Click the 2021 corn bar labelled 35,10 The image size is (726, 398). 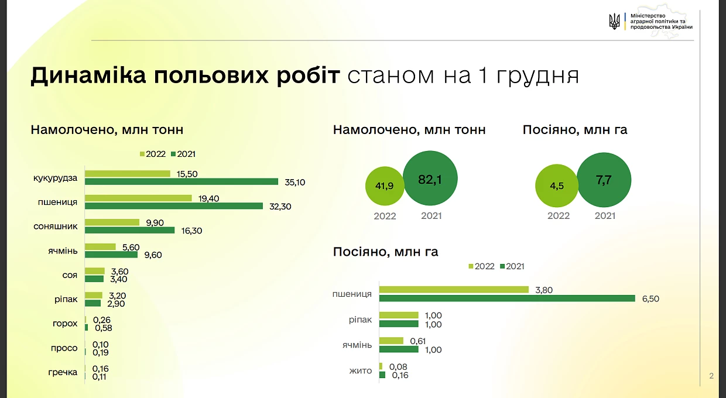click(x=181, y=182)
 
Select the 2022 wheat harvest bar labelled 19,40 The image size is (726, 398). click(x=138, y=198)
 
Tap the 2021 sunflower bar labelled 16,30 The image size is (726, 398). click(x=130, y=231)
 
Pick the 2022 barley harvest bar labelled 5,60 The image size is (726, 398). click(x=101, y=246)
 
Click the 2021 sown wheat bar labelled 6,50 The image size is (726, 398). click(x=507, y=298)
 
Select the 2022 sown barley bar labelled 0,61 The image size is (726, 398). click(x=392, y=341)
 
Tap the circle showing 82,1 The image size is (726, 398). click(x=430, y=179)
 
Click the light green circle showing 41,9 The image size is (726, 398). click(x=385, y=186)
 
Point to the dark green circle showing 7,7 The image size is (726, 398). click(x=604, y=180)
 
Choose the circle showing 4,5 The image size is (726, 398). click(x=556, y=186)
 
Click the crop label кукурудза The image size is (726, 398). click(x=56, y=179)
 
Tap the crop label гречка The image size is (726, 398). click(x=63, y=372)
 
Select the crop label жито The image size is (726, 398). click(x=361, y=370)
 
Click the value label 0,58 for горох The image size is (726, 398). click(x=104, y=328)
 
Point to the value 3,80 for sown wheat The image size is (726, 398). click(x=544, y=290)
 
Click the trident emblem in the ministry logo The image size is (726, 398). click(x=614, y=22)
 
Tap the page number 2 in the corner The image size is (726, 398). click(x=711, y=376)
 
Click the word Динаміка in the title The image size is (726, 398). click(x=88, y=76)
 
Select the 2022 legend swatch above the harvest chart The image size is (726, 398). click(x=142, y=155)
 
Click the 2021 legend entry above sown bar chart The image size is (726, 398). click(x=512, y=266)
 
